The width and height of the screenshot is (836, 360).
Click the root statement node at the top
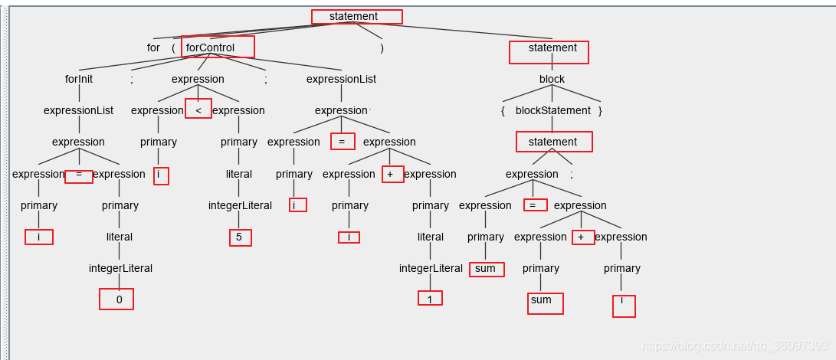pyautogui.click(x=353, y=17)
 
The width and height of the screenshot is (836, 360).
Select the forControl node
pyautogui.click(x=211, y=47)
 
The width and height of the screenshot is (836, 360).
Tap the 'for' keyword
pyautogui.click(x=153, y=47)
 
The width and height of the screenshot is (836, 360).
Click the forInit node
pyautogui.click(x=79, y=79)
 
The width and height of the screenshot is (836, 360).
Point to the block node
pyautogui.click(x=552, y=79)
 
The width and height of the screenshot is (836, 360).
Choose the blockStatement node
pyautogui.click(x=552, y=110)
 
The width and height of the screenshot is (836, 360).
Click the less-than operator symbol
pyautogui.click(x=198, y=110)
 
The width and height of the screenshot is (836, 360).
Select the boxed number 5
pyautogui.click(x=239, y=237)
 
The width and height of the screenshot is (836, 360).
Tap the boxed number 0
pyautogui.click(x=119, y=299)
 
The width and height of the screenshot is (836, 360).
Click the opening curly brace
pyautogui.click(x=503, y=110)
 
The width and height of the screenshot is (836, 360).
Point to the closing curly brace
pyautogui.click(x=600, y=110)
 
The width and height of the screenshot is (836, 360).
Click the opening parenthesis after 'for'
pyautogui.click(x=173, y=47)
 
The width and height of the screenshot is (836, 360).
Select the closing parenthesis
pyautogui.click(x=382, y=47)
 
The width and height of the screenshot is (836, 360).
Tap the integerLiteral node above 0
pyautogui.click(x=120, y=268)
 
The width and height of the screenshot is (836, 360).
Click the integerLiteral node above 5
pyautogui.click(x=240, y=205)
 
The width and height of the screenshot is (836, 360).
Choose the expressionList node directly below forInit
pyautogui.click(x=78, y=110)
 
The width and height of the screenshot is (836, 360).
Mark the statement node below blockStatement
pyautogui.click(x=552, y=142)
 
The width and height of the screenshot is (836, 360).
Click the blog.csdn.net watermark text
pyautogui.click(x=735, y=345)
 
